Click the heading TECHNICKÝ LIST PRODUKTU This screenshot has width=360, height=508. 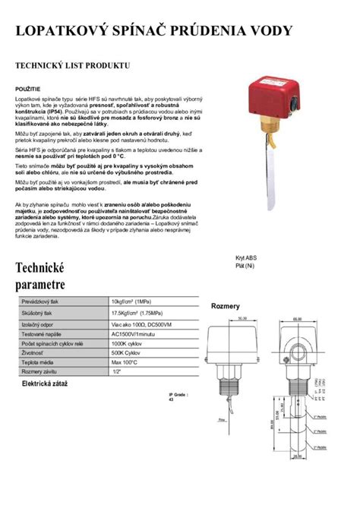[73, 67]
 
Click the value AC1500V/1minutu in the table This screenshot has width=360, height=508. [134, 333]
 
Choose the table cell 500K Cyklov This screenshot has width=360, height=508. [126, 353]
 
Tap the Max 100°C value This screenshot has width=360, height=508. [125, 362]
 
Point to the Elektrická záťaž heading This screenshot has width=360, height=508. [45, 385]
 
